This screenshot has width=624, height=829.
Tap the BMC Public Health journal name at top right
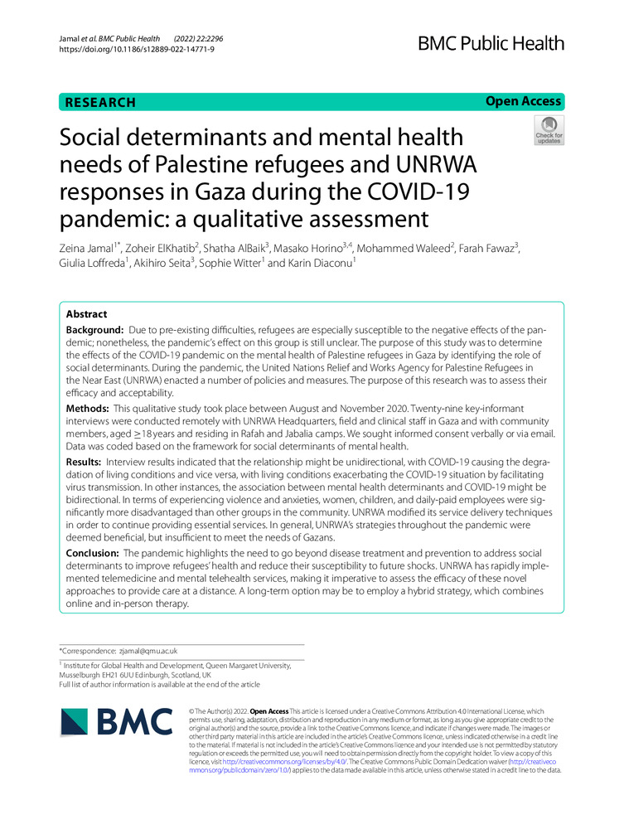tap(492, 43)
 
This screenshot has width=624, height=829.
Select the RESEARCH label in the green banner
tap(99, 102)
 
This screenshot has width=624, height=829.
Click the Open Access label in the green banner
tap(523, 101)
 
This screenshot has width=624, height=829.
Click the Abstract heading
tap(87, 314)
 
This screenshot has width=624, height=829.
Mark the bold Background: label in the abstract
tap(99, 331)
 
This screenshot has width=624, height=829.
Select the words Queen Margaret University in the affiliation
tap(238, 665)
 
